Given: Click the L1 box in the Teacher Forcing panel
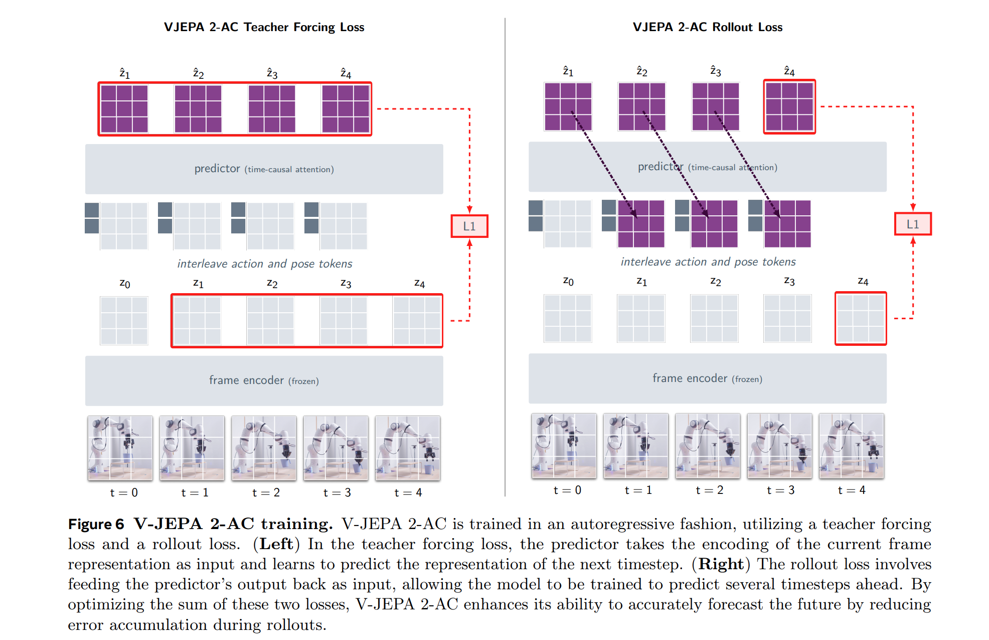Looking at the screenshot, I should (469, 226).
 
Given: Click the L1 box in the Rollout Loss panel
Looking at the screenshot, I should (913, 224).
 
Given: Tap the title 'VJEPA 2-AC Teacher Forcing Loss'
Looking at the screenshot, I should (264, 27).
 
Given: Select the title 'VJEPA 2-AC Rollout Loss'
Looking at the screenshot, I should (707, 27).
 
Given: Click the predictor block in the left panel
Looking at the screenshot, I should (264, 169).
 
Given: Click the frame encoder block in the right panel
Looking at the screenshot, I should (707, 378).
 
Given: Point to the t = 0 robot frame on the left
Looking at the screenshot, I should (120, 448).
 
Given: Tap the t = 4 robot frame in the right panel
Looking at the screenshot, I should (851, 446).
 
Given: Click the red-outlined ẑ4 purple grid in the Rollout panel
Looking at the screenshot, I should (789, 106).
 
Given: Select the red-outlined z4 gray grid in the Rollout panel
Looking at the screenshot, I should (861, 318).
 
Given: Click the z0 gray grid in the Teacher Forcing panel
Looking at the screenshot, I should (124, 320).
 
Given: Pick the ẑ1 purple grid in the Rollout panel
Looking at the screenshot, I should (568, 106).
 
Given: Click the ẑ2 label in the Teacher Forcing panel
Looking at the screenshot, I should (199, 74).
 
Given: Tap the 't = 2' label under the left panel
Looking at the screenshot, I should (266, 493).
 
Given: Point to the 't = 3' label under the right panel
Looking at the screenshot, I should (780, 490).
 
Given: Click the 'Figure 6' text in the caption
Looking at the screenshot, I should (96, 524).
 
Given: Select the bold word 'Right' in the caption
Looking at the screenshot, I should (721, 564).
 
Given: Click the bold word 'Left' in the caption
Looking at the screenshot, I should (276, 544).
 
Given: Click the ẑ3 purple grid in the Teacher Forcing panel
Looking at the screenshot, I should (271, 109).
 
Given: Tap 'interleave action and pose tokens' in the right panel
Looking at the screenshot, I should (708, 262).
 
